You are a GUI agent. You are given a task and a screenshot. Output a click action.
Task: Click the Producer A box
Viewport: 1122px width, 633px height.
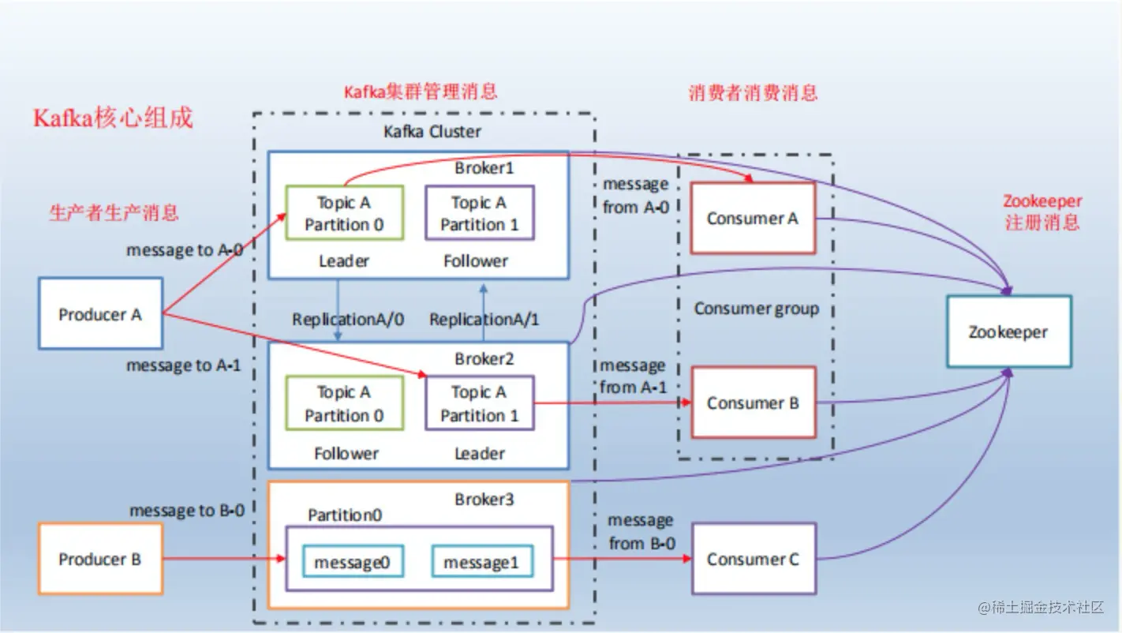click(100, 313)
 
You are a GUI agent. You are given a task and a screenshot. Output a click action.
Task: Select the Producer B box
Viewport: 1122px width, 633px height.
click(100, 559)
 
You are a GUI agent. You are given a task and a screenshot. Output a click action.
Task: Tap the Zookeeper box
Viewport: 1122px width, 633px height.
click(1008, 331)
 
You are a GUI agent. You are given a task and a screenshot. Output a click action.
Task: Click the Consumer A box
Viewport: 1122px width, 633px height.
click(753, 218)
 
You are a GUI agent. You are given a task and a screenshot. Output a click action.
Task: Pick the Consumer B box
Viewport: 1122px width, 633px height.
click(753, 403)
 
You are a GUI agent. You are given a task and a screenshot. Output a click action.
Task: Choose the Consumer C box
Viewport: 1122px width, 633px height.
click(753, 559)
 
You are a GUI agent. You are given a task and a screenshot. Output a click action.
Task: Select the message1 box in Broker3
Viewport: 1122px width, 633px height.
click(482, 562)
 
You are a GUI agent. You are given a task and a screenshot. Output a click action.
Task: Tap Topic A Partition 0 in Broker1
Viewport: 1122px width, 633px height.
click(344, 213)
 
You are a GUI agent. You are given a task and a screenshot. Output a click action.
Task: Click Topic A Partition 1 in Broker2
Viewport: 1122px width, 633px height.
click(479, 403)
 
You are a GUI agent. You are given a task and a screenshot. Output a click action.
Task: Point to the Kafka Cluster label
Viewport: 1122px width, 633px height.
click(432, 131)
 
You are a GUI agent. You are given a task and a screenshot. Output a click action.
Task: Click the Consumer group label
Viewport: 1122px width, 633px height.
click(756, 309)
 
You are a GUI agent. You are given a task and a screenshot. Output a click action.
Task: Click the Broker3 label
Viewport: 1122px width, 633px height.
click(484, 500)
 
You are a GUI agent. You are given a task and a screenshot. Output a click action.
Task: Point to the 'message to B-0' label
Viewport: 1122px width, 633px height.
click(186, 511)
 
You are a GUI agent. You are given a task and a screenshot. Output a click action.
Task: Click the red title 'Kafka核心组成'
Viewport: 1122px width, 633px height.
click(113, 118)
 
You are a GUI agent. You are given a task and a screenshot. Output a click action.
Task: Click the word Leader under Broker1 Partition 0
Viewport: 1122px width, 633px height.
click(344, 260)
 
